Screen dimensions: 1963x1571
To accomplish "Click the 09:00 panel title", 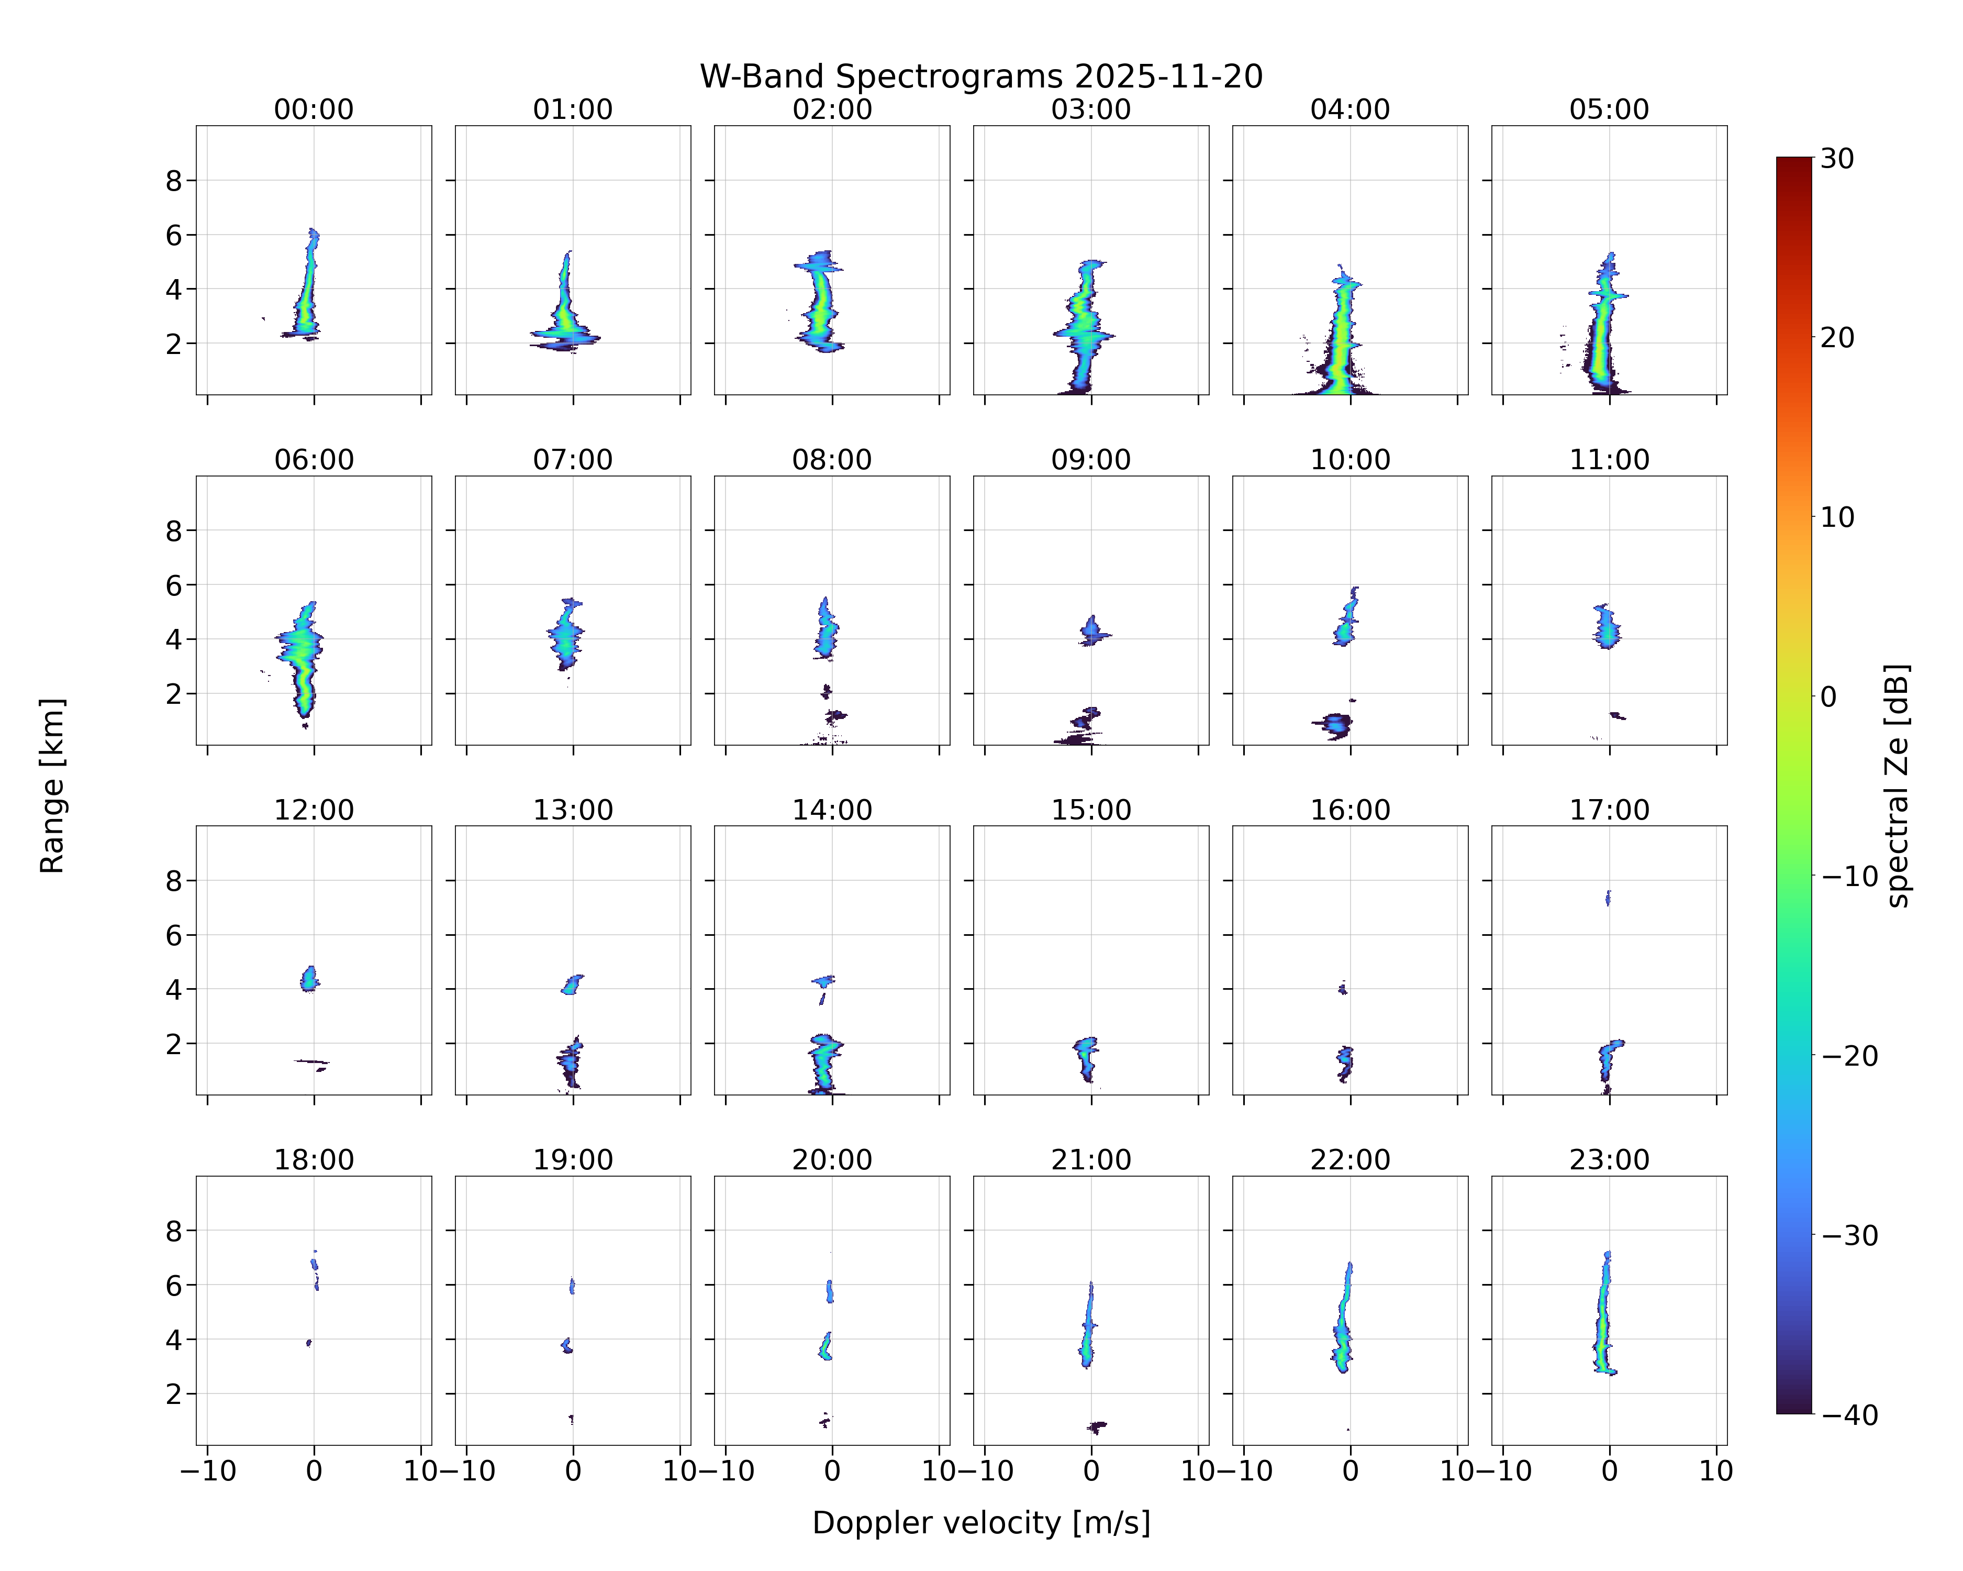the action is pos(1091,459).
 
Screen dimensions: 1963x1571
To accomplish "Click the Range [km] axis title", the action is pos(52,785).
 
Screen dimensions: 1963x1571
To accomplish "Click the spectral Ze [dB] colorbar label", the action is pos(1897,785).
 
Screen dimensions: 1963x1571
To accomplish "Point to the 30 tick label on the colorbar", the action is pos(1837,159).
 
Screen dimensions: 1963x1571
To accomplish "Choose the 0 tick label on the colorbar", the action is pos(1829,696).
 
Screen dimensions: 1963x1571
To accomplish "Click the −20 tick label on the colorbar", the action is pos(1849,1056).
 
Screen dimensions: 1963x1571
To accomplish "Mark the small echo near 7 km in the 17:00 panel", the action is pos(1608,898).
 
